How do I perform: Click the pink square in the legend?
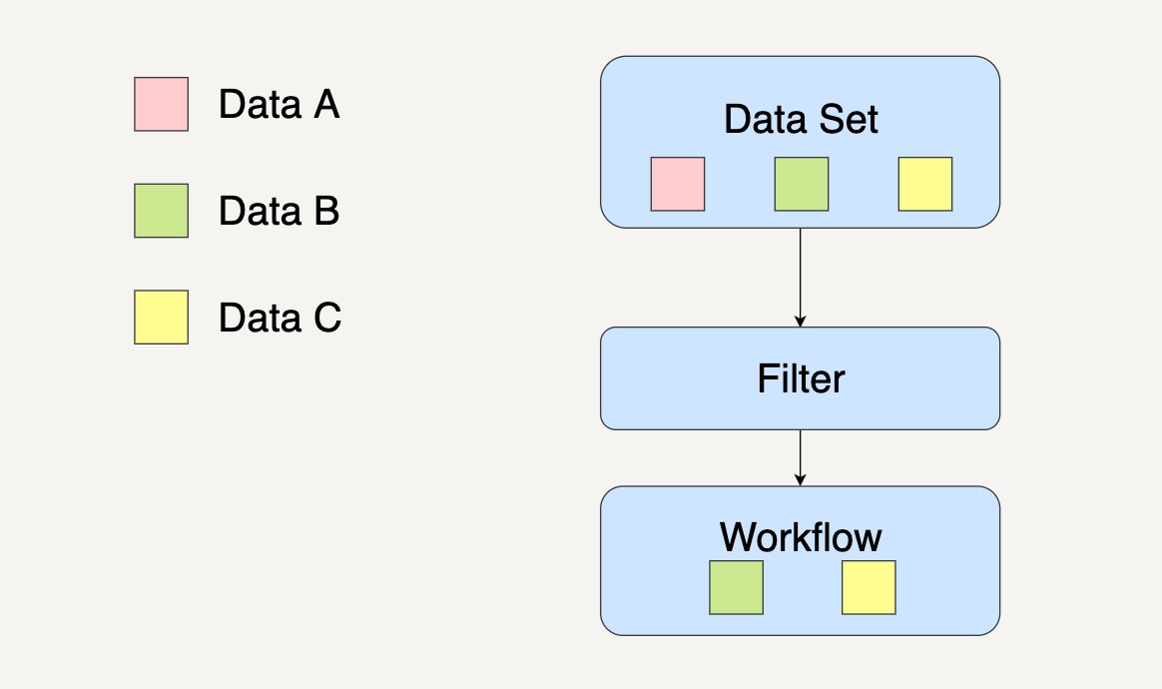(x=161, y=104)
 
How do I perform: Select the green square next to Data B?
(x=161, y=211)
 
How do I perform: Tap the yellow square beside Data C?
(x=161, y=318)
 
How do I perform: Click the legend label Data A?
(x=280, y=104)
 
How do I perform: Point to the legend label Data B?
(x=280, y=211)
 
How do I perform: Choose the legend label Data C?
(x=281, y=318)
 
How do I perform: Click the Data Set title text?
(x=801, y=120)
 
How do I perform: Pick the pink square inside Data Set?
(x=678, y=184)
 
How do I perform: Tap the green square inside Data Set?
(x=801, y=184)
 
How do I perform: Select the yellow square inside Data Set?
(x=924, y=184)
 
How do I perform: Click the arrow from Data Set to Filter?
(x=801, y=278)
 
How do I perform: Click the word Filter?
(x=801, y=379)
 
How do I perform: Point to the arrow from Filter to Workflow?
(x=801, y=458)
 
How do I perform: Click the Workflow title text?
(x=801, y=537)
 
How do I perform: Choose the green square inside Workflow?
(x=736, y=587)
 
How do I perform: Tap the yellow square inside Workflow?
(x=869, y=587)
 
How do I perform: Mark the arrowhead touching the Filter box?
(x=801, y=322)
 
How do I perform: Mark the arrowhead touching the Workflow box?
(x=801, y=480)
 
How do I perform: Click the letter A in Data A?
(x=326, y=104)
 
